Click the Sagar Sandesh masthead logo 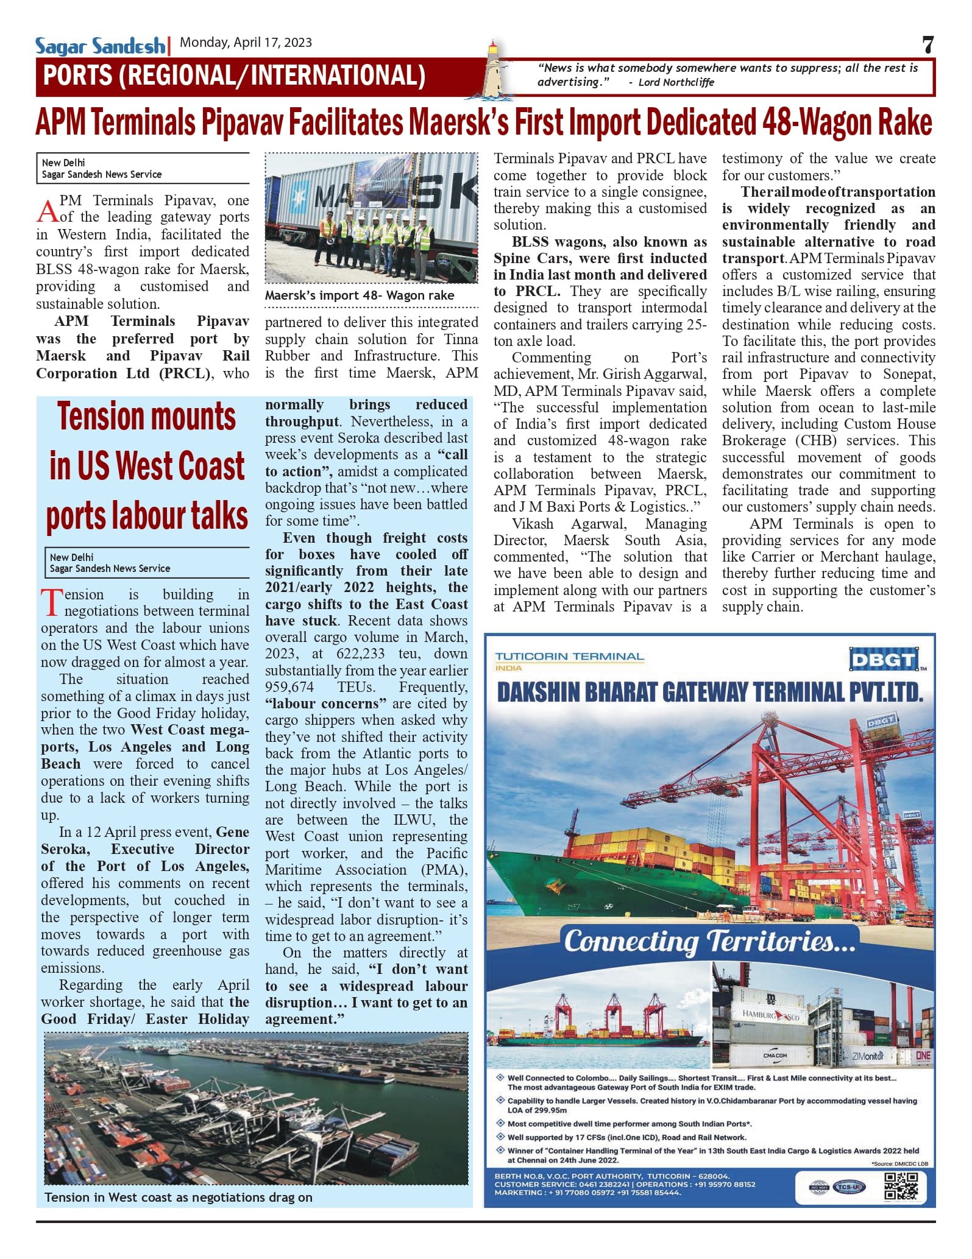click(100, 46)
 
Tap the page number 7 click(927, 45)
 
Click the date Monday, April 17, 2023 click(246, 43)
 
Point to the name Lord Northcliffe click(676, 83)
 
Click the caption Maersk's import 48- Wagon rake click(359, 295)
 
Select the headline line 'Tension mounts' click(146, 417)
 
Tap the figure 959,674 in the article click(289, 687)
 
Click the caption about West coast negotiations click(178, 1197)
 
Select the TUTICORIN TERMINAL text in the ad click(569, 657)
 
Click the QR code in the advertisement click(901, 1186)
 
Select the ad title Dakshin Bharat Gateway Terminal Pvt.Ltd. click(709, 693)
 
